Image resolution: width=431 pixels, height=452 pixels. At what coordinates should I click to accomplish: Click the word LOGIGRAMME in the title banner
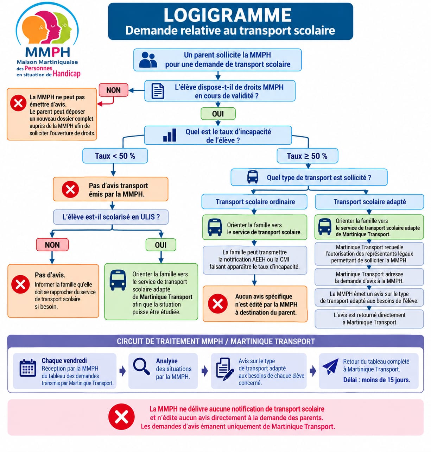pyautogui.click(x=228, y=15)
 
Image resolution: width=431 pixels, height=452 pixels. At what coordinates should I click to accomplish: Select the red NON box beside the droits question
pyautogui.click(x=113, y=90)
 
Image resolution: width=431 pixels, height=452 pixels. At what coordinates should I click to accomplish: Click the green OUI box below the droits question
pyautogui.click(x=218, y=114)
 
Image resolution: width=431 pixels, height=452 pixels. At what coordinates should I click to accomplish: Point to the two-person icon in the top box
pyautogui.click(x=148, y=60)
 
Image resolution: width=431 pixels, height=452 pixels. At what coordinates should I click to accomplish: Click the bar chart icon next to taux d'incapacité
pyautogui.click(x=170, y=135)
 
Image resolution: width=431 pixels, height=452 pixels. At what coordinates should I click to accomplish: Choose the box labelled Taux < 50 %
pyautogui.click(x=115, y=156)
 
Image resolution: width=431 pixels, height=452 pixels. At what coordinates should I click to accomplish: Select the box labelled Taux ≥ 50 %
pyautogui.click(x=308, y=156)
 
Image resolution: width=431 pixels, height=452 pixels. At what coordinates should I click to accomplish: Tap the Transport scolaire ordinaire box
pyautogui.click(x=254, y=202)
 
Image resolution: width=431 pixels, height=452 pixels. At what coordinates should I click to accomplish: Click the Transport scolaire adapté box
pyautogui.click(x=369, y=202)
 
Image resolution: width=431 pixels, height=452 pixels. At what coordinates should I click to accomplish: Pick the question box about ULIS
pyautogui.click(x=111, y=217)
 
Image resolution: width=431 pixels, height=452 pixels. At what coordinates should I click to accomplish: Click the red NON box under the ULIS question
pyautogui.click(x=52, y=245)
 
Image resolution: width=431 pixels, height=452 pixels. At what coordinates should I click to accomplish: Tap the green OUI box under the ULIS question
pyautogui.click(x=161, y=245)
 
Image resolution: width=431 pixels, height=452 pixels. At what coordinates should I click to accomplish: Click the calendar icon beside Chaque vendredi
pyautogui.click(x=28, y=368)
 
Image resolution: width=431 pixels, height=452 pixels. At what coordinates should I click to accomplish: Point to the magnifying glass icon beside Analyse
pyautogui.click(x=141, y=366)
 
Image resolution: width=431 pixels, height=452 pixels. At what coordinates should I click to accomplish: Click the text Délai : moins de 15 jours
pyautogui.click(x=376, y=380)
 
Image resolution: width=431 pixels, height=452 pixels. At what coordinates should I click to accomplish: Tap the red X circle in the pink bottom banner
pyautogui.click(x=121, y=417)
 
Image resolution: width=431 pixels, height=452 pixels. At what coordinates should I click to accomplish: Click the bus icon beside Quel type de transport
pyautogui.click(x=252, y=177)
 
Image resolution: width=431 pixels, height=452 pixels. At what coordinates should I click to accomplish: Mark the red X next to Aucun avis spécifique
pyautogui.click(x=218, y=303)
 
